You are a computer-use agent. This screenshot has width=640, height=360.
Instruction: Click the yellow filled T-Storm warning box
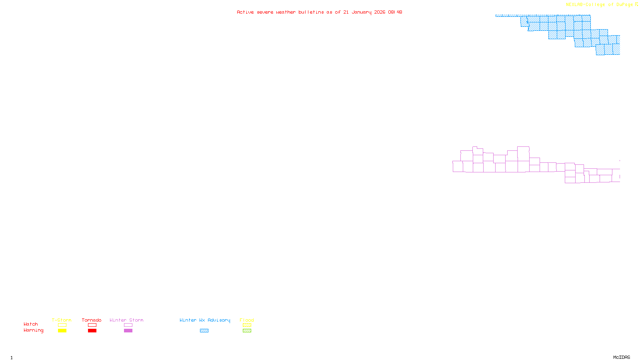point(62,331)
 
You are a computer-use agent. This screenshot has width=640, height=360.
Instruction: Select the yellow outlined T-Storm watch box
point(62,325)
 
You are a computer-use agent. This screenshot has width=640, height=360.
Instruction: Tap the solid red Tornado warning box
point(92,331)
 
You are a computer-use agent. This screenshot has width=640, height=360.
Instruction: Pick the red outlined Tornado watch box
point(92,325)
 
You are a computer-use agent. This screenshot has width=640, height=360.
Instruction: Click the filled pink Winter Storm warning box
point(128,331)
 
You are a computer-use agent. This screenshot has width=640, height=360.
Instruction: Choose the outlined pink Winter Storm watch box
point(128,325)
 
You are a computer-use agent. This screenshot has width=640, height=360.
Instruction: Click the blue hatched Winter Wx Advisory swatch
point(204,331)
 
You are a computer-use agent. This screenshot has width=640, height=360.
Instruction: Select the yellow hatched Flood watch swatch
point(247,325)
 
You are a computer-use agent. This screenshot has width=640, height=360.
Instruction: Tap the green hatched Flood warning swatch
point(247,331)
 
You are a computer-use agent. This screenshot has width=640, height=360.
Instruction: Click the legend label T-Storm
point(62,320)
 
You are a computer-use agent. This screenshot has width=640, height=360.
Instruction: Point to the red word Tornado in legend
point(92,320)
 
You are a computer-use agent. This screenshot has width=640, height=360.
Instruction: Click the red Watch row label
point(31,324)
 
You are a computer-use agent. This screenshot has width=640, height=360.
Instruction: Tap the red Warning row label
point(33,330)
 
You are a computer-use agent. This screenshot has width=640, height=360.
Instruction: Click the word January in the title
point(362,12)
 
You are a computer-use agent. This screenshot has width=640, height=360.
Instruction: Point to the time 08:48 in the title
point(395,12)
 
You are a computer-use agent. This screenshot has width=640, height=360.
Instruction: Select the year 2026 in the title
point(380,12)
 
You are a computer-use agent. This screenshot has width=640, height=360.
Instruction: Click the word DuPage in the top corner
point(624,5)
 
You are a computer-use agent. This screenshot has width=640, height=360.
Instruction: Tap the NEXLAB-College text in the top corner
point(585,5)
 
